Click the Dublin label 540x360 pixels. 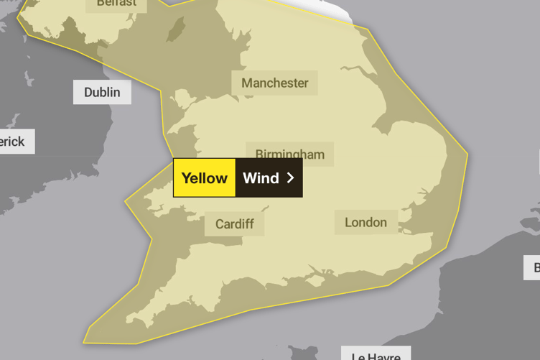point(102,92)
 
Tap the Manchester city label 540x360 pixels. point(274,83)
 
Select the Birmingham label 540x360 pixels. point(289,154)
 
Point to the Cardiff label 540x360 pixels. point(234,223)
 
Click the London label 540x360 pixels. point(366,222)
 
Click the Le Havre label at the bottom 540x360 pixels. point(376,354)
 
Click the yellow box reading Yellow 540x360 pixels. point(204,178)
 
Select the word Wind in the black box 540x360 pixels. point(261,178)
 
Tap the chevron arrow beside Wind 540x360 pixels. point(290,177)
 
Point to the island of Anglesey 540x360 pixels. point(180,98)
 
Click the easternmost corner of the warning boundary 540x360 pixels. point(467,153)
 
